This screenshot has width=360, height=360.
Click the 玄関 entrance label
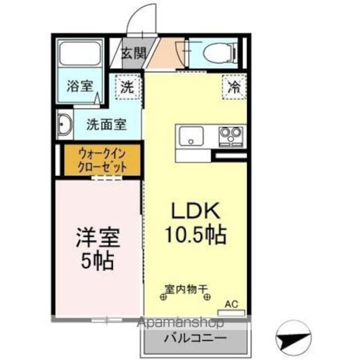(133, 53)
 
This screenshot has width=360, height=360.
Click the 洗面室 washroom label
(106, 124)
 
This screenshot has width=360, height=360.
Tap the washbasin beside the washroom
(65, 124)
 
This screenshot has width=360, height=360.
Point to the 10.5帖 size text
(195, 233)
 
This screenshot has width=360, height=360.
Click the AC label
(231, 304)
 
